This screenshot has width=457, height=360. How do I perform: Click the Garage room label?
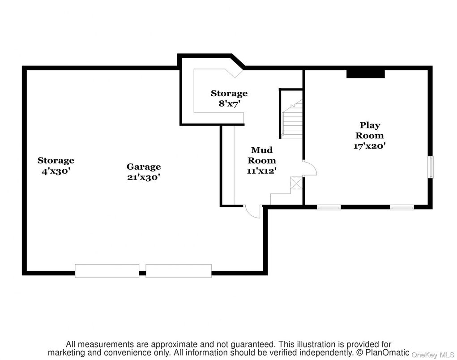tap(143, 167)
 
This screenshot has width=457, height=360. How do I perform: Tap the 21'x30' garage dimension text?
tap(143, 177)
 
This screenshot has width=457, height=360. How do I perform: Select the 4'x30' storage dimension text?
tap(56, 171)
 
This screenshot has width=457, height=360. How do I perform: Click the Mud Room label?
tap(262, 155)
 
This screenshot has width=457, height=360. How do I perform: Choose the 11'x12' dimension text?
tap(262, 170)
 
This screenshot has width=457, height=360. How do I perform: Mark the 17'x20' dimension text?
tap(370, 146)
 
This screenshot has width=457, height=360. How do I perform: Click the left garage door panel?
tap(107, 271)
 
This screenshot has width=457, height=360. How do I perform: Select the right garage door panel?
tap(178, 271)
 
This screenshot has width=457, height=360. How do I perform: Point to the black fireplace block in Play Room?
tap(366, 73)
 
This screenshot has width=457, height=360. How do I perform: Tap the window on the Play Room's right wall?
tap(431, 167)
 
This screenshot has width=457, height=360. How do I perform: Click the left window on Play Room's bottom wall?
tap(329, 207)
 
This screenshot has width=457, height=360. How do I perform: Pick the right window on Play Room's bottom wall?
tap(401, 207)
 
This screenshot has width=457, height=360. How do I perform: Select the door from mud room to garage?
tap(253, 211)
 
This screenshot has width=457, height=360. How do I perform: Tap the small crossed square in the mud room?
tap(296, 184)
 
